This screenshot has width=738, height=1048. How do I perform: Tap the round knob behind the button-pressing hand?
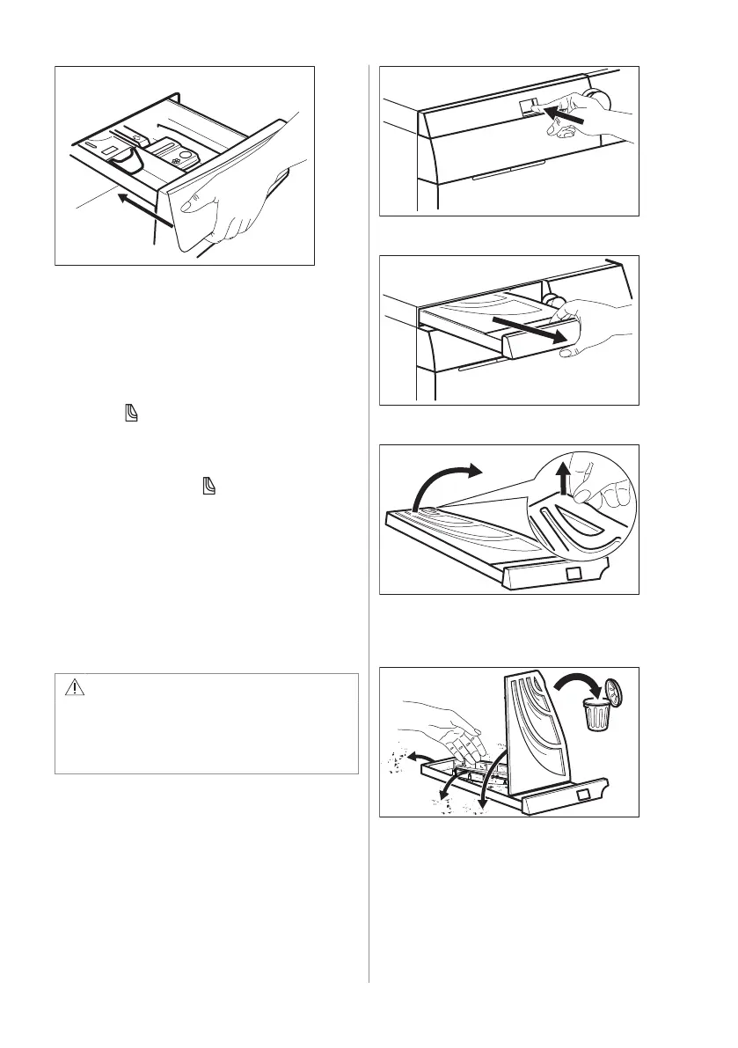(599, 95)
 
